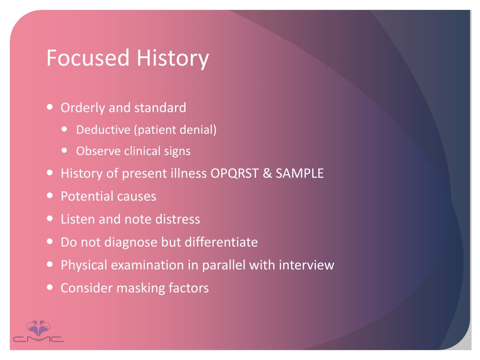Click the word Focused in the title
(88, 58)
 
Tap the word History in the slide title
(172, 59)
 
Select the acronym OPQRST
(234, 173)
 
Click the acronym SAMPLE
(300, 173)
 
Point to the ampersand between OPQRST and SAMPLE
(267, 173)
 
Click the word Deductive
(103, 130)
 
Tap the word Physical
(84, 265)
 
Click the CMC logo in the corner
(38, 331)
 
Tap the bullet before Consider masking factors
(50, 287)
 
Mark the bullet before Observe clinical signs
(64, 150)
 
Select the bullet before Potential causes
(50, 195)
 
